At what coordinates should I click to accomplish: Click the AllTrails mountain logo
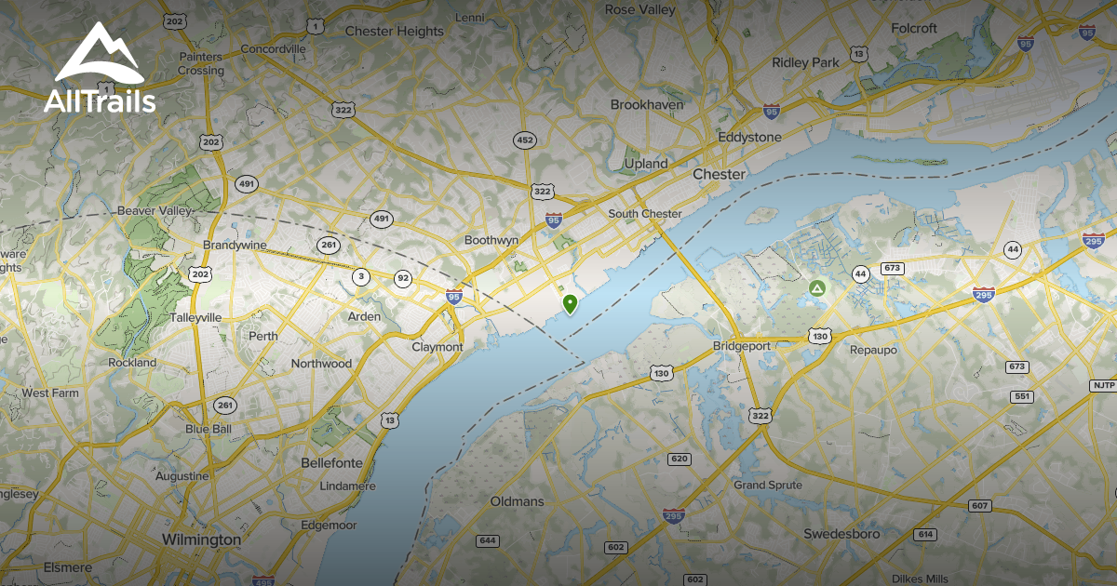(99, 54)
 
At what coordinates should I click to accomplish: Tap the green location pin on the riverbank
(570, 303)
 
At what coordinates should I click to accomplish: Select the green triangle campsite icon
(816, 289)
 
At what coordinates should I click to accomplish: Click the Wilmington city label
(201, 539)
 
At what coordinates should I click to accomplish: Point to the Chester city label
(719, 174)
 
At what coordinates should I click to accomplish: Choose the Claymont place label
(437, 347)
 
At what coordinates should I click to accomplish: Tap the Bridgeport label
(742, 346)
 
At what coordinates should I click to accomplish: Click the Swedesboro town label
(842, 534)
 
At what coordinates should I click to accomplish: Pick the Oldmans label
(517, 501)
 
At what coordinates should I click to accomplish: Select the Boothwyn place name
(491, 240)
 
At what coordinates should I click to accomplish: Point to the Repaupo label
(871, 350)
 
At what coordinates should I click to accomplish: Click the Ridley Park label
(805, 62)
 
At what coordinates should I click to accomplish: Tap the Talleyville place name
(196, 317)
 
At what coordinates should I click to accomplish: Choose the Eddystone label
(749, 137)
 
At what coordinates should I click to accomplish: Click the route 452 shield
(525, 140)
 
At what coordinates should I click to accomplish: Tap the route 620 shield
(679, 459)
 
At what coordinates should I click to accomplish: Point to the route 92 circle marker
(403, 278)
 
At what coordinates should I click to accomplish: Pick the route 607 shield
(978, 506)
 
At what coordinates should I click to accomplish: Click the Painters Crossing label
(201, 63)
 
